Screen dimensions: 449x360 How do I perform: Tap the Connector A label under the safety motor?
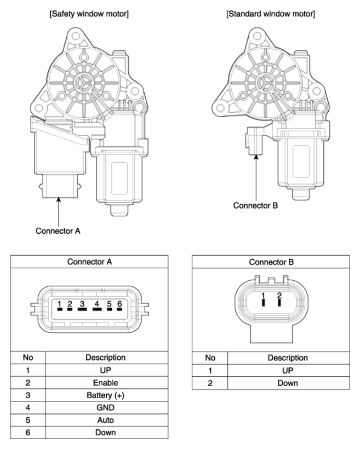tap(58, 231)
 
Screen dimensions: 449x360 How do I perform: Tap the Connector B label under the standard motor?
tap(255, 206)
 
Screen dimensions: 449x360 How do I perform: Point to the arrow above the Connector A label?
tap(58, 211)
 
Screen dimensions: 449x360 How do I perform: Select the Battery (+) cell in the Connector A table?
tap(105, 395)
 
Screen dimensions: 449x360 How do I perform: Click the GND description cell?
tap(105, 407)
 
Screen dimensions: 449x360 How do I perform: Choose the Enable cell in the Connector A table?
tap(105, 383)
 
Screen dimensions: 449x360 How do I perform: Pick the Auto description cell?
tap(105, 420)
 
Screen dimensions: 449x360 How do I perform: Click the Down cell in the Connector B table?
tap(287, 383)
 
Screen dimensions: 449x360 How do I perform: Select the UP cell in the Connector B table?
tap(287, 370)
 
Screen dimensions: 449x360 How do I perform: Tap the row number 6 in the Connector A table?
tap(27, 433)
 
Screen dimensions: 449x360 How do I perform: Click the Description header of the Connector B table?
tap(287, 358)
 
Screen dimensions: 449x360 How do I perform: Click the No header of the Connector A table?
tap(27, 358)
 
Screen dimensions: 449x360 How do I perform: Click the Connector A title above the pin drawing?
tap(89, 262)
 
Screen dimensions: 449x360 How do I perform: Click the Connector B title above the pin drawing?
tap(271, 262)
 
